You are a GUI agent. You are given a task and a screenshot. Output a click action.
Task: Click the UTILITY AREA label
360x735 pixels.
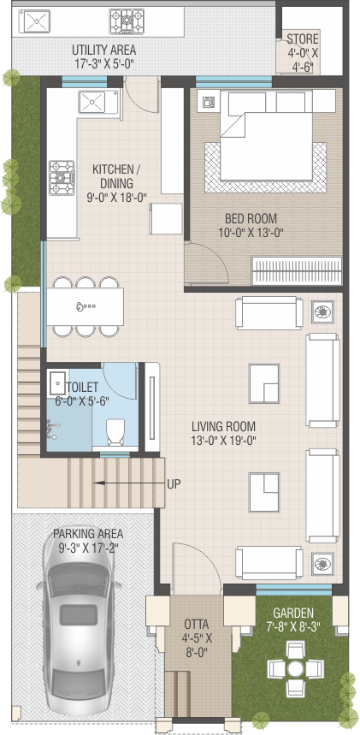click(x=104, y=50)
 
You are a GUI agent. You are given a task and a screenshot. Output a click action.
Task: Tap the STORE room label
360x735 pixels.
click(x=303, y=39)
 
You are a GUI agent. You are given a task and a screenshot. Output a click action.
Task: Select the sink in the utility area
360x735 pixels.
click(x=34, y=21)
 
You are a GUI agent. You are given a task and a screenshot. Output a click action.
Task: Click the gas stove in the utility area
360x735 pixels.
click(x=127, y=21)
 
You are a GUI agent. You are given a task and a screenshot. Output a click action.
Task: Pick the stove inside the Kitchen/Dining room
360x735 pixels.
click(x=62, y=177)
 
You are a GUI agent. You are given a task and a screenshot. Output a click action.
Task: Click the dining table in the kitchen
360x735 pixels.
click(x=86, y=306)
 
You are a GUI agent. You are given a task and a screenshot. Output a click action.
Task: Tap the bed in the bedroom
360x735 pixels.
click(x=266, y=136)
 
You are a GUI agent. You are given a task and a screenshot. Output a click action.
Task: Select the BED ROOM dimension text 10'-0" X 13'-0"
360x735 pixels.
click(x=251, y=232)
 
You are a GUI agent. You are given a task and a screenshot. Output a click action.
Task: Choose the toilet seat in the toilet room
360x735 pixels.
click(x=115, y=431)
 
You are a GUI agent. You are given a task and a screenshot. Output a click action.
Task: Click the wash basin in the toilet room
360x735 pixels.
click(x=58, y=383)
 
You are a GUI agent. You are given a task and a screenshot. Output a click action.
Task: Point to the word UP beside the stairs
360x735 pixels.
click(x=174, y=484)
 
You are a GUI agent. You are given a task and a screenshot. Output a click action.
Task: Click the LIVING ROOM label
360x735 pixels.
click(x=223, y=427)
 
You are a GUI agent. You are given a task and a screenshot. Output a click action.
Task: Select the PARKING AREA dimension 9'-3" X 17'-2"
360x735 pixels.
click(x=88, y=548)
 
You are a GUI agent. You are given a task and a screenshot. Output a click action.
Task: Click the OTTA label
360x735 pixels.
click(x=197, y=625)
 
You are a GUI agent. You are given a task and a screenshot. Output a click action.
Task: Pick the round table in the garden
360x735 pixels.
click(x=295, y=668)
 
